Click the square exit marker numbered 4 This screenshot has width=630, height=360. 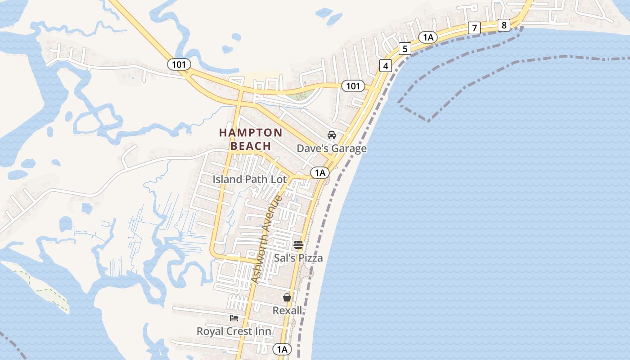385,66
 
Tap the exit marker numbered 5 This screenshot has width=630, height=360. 405,49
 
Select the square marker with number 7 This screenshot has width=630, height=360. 474,28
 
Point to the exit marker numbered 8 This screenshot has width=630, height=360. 504,25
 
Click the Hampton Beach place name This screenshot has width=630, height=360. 251,139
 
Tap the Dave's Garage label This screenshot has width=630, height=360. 332,148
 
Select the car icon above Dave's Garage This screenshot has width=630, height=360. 332,135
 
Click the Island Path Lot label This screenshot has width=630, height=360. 249,179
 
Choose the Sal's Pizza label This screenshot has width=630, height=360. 298,258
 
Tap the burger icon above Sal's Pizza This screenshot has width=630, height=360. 298,245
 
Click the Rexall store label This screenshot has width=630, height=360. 287,310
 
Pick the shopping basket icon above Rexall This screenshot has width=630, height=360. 287,297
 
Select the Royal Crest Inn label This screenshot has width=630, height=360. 234,331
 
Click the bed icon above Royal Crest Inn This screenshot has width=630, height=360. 234,318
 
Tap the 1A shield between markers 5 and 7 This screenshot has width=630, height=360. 428,37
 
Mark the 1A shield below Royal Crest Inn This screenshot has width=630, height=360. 282,349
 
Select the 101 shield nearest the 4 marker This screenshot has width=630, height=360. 353,86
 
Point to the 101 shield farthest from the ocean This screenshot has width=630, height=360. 179,64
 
